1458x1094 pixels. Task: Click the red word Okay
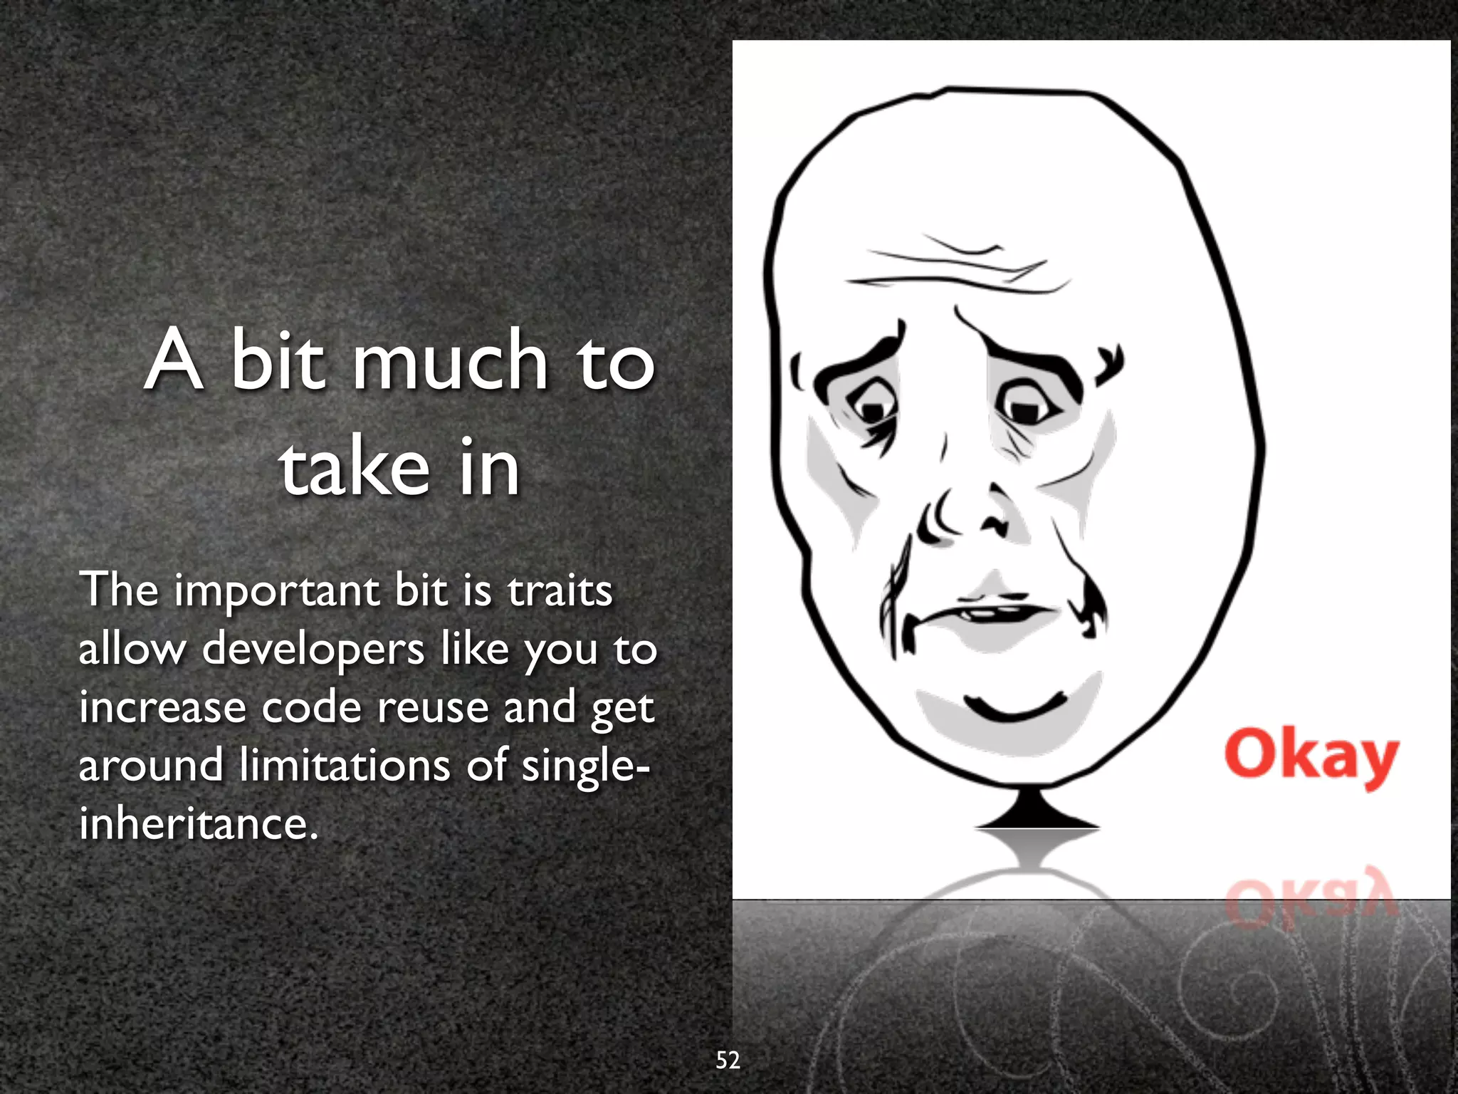pyautogui.click(x=1311, y=756)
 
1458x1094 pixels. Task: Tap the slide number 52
pyautogui.click(x=728, y=1060)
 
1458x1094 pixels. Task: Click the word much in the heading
pyautogui.click(x=451, y=361)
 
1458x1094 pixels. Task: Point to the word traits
pyautogui.click(x=560, y=591)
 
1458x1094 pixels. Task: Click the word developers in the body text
pyautogui.click(x=313, y=650)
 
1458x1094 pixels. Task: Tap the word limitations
pyautogui.click(x=345, y=765)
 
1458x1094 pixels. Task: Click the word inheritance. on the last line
pyautogui.click(x=198, y=824)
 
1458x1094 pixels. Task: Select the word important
pyautogui.click(x=278, y=591)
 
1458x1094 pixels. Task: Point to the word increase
pyautogui.click(x=162, y=707)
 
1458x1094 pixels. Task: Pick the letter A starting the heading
pyautogui.click(x=173, y=361)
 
